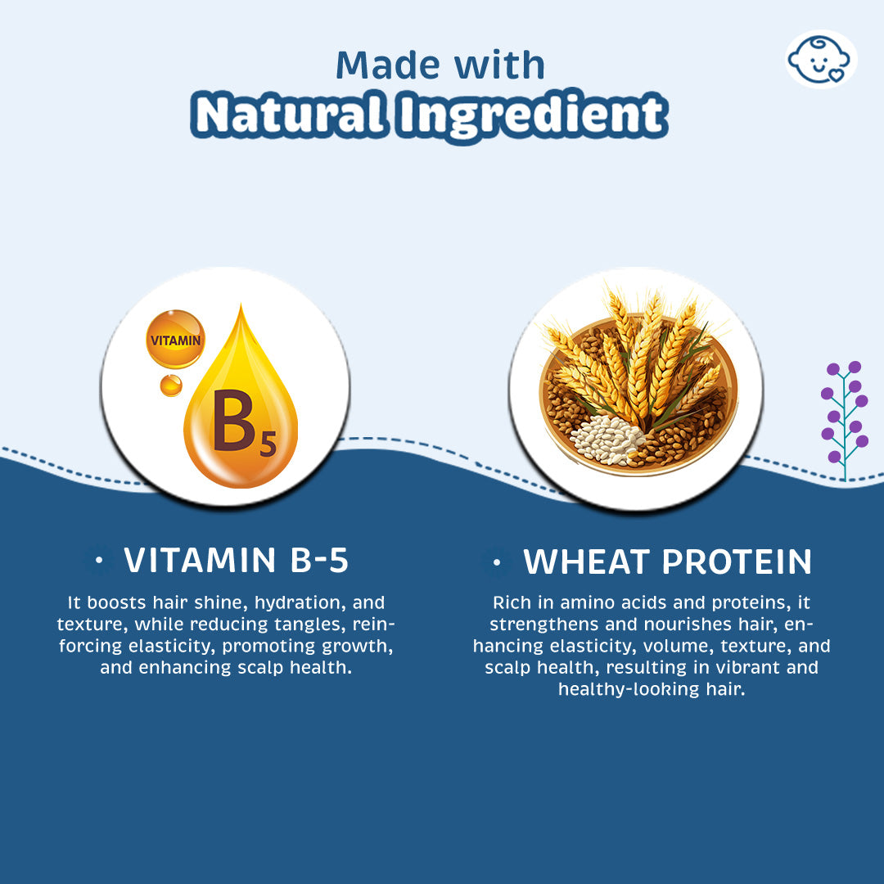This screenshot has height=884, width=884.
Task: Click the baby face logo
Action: pyautogui.click(x=821, y=59)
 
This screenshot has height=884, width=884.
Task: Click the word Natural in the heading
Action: pyautogui.click(x=290, y=115)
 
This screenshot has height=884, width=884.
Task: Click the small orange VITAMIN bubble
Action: pyautogui.click(x=175, y=340)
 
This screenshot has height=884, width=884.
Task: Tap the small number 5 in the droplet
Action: pyautogui.click(x=268, y=444)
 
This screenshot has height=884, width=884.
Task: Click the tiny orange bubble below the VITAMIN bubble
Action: pyautogui.click(x=171, y=386)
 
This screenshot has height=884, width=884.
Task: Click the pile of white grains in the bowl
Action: pyautogui.click(x=607, y=440)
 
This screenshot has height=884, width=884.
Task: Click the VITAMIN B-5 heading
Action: pyautogui.click(x=237, y=560)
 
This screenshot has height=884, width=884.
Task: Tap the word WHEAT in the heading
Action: pyautogui.click(x=587, y=562)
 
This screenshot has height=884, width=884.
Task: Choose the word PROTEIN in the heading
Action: pyautogui.click(x=737, y=562)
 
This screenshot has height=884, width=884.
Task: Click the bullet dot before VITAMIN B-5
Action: pyautogui.click(x=99, y=560)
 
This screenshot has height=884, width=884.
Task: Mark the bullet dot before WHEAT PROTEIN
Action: pyautogui.click(x=497, y=562)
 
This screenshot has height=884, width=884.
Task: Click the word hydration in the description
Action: pyautogui.click(x=300, y=602)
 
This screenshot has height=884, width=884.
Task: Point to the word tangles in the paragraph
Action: pyautogui.click(x=310, y=625)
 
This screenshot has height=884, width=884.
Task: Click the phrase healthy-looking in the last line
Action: pyautogui.click(x=629, y=689)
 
